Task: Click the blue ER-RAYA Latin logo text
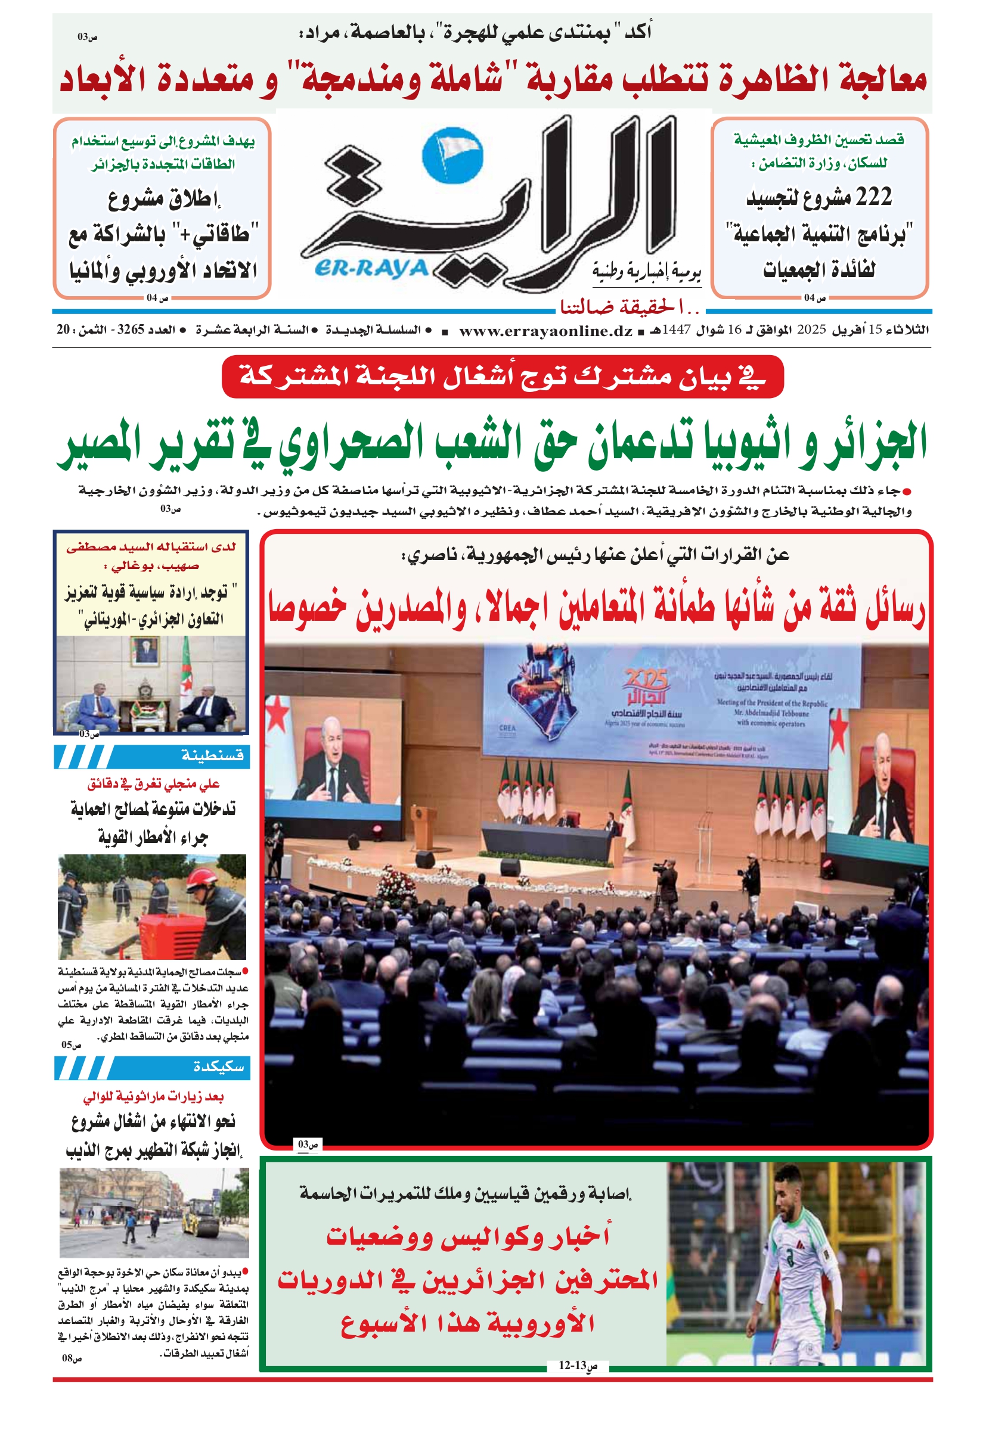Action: click(371, 268)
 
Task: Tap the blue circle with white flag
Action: click(452, 155)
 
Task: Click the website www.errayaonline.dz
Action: click(545, 331)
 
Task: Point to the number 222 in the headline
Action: click(873, 197)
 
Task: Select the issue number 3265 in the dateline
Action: click(131, 329)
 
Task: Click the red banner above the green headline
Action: click(502, 377)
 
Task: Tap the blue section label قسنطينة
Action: click(212, 755)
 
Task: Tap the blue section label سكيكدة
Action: click(218, 1066)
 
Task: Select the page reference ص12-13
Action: click(577, 1366)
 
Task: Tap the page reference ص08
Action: click(72, 1358)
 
